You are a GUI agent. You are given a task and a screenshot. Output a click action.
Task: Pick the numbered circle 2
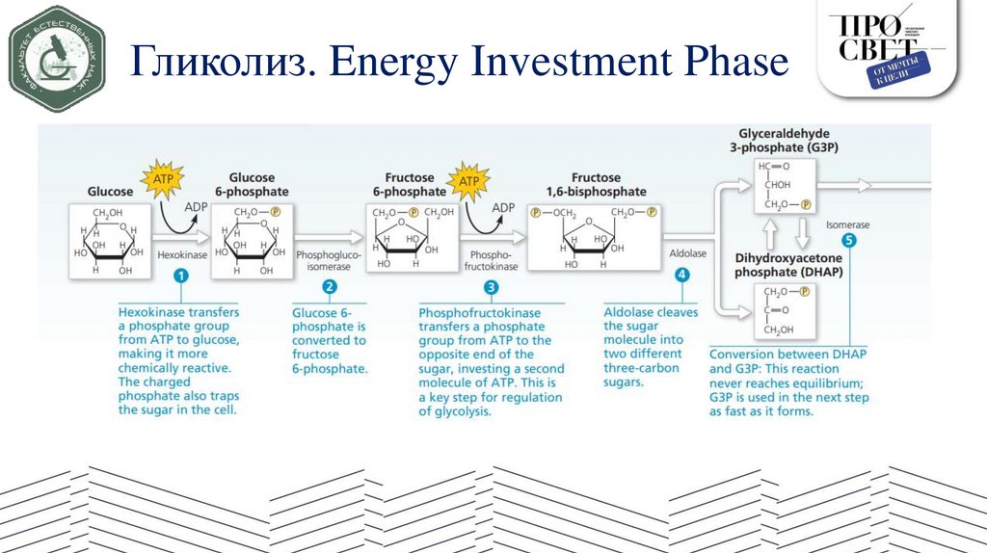click(329, 287)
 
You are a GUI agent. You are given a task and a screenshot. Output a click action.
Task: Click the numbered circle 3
click(492, 287)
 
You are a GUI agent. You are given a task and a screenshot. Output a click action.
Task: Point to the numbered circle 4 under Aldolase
click(682, 275)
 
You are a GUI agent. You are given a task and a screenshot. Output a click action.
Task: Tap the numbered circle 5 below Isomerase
click(848, 241)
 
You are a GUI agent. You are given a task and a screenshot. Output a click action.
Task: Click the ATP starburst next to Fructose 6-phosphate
click(468, 181)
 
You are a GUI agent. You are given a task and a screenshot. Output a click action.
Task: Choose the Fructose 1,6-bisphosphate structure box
click(596, 240)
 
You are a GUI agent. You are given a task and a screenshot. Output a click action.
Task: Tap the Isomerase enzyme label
click(847, 224)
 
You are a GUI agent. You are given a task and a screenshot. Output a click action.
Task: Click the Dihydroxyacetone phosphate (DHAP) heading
click(788, 265)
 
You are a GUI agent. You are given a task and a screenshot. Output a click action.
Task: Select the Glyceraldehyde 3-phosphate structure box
click(784, 185)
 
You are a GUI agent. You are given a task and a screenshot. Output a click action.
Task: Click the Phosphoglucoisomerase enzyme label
click(329, 260)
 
